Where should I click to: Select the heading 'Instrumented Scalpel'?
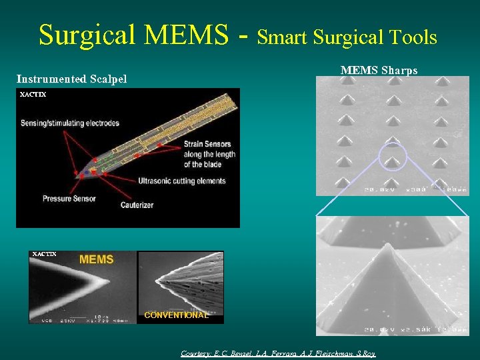71,80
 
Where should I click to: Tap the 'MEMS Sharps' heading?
379,70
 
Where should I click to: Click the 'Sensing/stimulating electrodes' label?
70,123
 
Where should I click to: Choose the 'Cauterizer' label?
137,205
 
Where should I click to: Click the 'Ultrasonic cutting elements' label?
182,181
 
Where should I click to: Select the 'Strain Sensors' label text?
208,144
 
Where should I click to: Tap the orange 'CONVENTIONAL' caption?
177,315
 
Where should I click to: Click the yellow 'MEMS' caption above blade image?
97,259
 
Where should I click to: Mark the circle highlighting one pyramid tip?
393,157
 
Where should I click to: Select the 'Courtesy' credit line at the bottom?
278,353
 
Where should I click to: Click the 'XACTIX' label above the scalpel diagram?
33,95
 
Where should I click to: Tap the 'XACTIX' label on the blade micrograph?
44,254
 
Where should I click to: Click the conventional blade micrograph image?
180,285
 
